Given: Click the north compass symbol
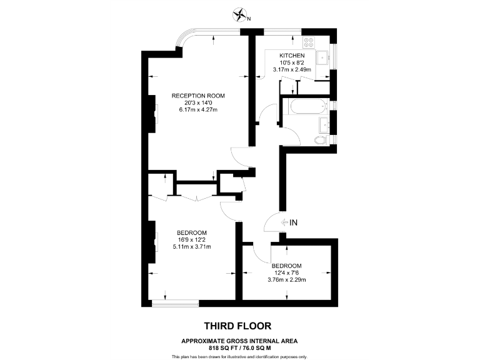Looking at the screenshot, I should pos(239,14).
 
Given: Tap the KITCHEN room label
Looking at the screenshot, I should pos(292,56).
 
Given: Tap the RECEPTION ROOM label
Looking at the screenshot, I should pos(198,96).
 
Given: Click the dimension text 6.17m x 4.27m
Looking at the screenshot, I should pos(197,110).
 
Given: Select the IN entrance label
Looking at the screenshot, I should pos(294,222).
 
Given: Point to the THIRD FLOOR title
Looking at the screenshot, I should pos(239,326).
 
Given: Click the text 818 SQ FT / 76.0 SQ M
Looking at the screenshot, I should pos(239,347).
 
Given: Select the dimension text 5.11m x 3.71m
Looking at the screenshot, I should pos(192,247).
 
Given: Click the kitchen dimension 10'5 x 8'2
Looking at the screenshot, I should pos(292,62).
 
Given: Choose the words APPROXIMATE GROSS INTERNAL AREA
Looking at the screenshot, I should pos(239,340).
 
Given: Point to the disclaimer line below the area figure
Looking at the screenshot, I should pos(239,356).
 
